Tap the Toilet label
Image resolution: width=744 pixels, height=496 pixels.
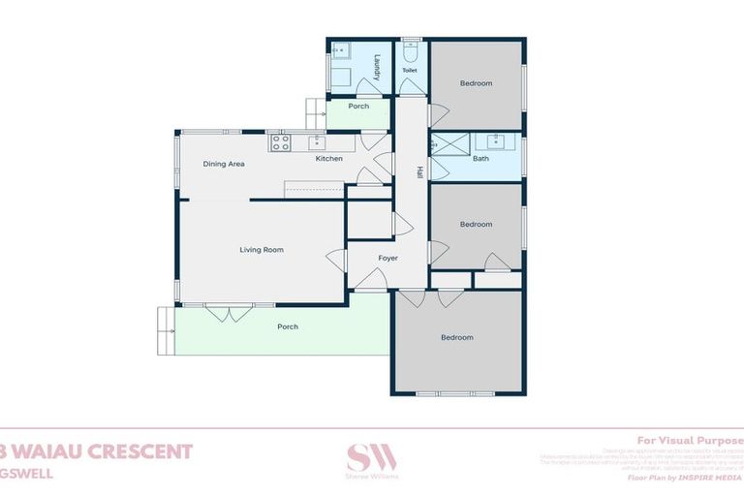(410, 71)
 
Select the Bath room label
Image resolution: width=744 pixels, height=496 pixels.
(480, 158)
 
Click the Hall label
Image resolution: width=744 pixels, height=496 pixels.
(419, 172)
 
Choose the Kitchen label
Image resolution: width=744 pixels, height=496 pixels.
(328, 158)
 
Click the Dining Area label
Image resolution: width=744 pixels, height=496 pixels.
(224, 164)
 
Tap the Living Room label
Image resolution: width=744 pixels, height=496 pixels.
(262, 250)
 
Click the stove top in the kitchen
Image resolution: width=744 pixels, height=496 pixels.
(280, 143)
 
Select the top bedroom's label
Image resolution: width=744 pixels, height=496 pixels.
(476, 83)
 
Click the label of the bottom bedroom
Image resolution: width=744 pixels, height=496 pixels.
(457, 337)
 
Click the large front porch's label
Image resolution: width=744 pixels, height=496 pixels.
(288, 326)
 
